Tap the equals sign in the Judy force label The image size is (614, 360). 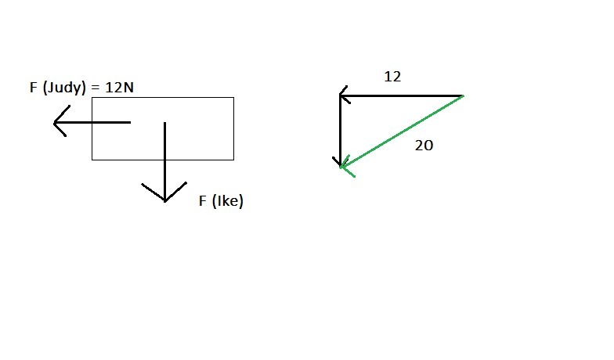click(96, 88)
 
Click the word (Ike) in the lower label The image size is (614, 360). click(228, 201)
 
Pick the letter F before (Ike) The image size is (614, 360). click(203, 201)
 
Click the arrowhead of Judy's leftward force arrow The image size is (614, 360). click(56, 123)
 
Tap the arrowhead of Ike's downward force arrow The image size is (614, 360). click(164, 197)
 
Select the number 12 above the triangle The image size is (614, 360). click(392, 77)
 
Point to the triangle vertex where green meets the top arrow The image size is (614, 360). click(463, 95)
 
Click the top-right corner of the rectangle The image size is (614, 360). click(233, 98)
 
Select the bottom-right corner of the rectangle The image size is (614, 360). click(233, 160)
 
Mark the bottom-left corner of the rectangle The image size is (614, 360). click(92, 160)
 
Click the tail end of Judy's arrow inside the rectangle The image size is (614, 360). click(129, 123)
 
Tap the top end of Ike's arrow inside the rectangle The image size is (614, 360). click(164, 124)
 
